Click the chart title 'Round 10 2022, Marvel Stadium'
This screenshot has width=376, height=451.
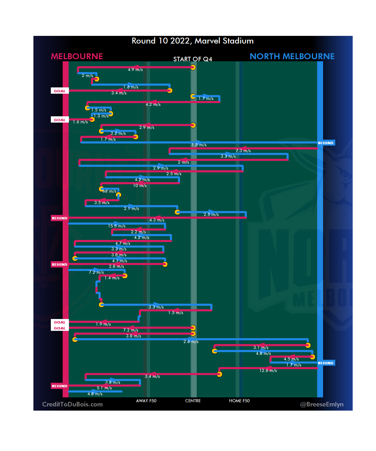pyautogui.click(x=193, y=41)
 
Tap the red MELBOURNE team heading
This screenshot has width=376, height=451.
pyautogui.click(x=77, y=56)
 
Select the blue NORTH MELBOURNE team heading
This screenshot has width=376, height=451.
pyautogui.click(x=292, y=56)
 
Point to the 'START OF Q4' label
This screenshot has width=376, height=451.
pyautogui.click(x=193, y=59)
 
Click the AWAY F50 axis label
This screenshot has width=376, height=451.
pyautogui.click(x=146, y=401)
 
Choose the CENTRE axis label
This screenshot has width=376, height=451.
pyautogui.click(x=193, y=401)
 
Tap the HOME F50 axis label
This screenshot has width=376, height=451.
pyautogui.click(x=239, y=401)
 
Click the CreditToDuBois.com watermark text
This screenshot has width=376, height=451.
pyautogui.click(x=72, y=404)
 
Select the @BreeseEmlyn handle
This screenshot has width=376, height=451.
pyautogui.click(x=322, y=404)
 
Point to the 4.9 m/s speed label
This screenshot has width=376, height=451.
pyautogui.click(x=135, y=70)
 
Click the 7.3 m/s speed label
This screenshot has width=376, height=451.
pyautogui.click(x=243, y=151)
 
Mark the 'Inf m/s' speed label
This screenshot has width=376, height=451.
pyautogui.click(x=109, y=191)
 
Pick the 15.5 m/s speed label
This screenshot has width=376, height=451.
pyautogui.click(x=117, y=226)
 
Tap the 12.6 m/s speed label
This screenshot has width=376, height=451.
pyautogui.click(x=268, y=371)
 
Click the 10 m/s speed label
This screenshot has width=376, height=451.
pyautogui.click(x=140, y=186)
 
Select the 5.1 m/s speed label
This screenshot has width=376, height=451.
pyautogui.click(x=104, y=388)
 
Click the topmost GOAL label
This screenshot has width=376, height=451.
pyautogui.click(x=60, y=91)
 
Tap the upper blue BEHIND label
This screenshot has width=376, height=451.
pyautogui.click(x=326, y=143)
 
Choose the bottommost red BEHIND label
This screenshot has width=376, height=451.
pyautogui.click(x=60, y=386)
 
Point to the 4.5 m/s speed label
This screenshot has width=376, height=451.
pyautogui.click(x=291, y=359)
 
